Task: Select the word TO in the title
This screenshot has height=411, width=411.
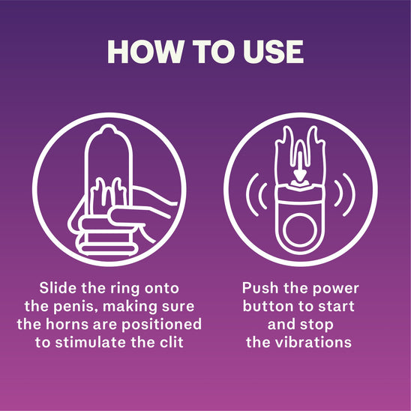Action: [x=213, y=52]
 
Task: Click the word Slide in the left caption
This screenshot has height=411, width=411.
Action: [x=58, y=288]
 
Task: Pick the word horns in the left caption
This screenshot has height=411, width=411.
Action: [x=67, y=325]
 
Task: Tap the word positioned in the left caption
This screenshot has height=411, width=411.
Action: [x=161, y=325]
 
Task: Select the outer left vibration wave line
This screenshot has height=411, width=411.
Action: [x=247, y=195]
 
